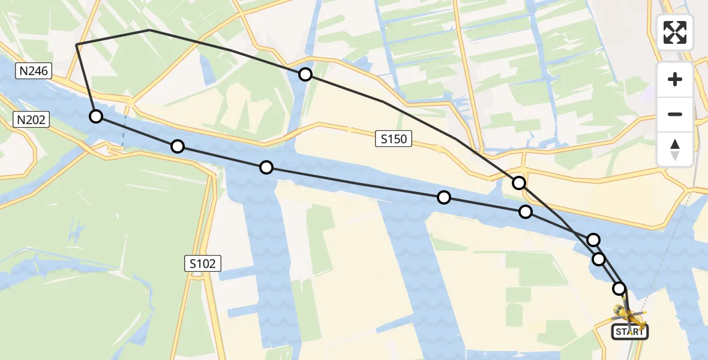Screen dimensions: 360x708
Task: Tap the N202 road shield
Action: pyautogui.click(x=31, y=120)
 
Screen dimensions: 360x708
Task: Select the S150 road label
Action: pyautogui.click(x=394, y=140)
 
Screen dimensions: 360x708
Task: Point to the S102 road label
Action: pyautogui.click(x=203, y=263)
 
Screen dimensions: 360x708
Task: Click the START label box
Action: pyautogui.click(x=629, y=331)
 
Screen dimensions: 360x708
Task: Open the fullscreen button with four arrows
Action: pyautogui.click(x=675, y=32)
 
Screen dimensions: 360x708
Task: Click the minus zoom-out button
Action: pyautogui.click(x=675, y=114)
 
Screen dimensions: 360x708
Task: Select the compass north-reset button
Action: pyautogui.click(x=675, y=149)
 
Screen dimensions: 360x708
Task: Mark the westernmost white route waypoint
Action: pyautogui.click(x=96, y=116)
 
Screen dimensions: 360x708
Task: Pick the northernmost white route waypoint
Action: pyautogui.click(x=305, y=74)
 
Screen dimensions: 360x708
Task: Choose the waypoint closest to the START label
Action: pyautogui.click(x=619, y=289)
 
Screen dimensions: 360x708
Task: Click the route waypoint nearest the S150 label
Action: pyautogui.click(x=443, y=197)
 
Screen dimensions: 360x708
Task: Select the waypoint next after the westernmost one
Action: pyautogui.click(x=178, y=146)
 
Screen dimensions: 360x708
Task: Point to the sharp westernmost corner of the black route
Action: pyautogui.click(x=77, y=45)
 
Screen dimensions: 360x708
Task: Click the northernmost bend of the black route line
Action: pyautogui.click(x=149, y=30)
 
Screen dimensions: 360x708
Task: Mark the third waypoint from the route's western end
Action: pyautogui.click(x=266, y=167)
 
